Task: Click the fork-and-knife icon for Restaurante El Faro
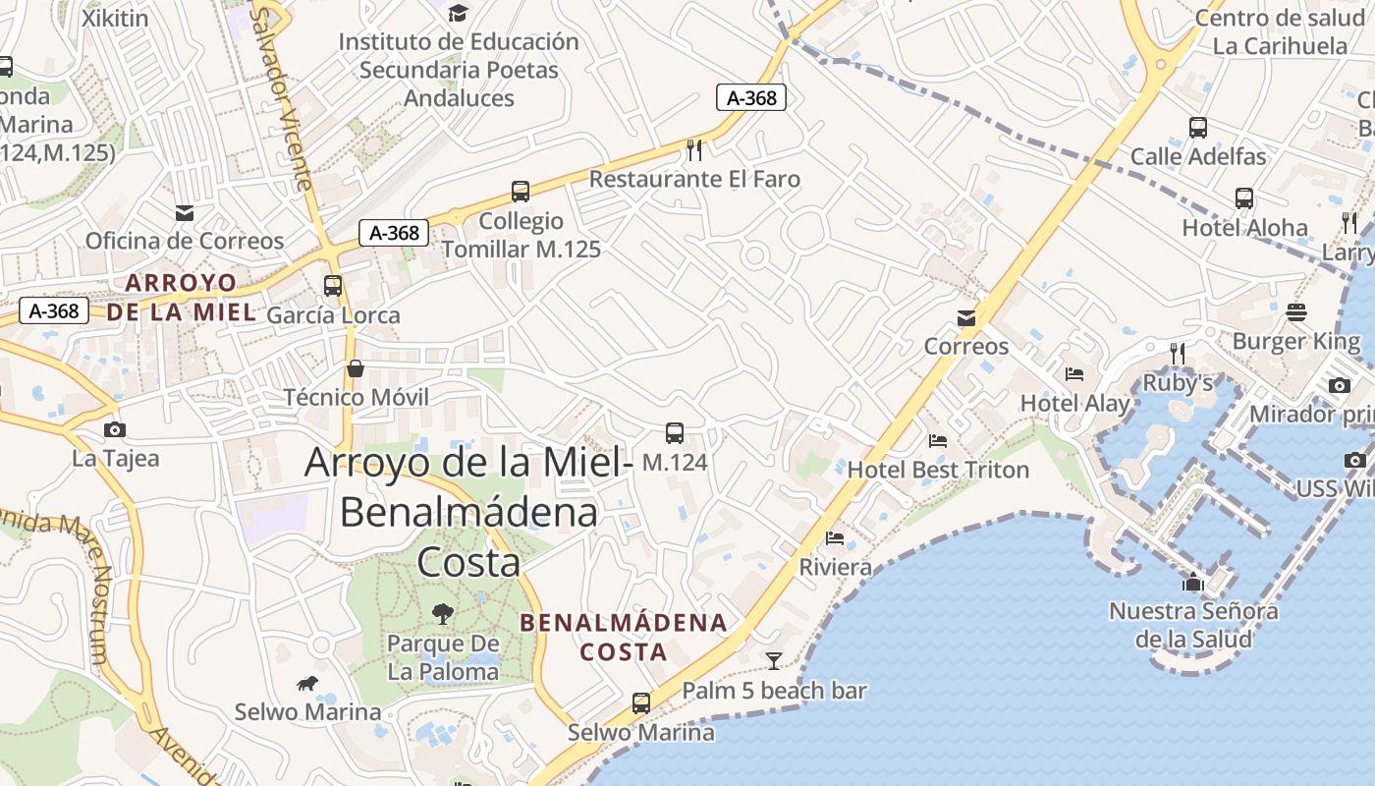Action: click(x=694, y=149)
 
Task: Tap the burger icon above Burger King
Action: click(x=1295, y=312)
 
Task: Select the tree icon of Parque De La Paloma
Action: click(x=443, y=614)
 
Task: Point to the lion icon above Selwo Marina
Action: click(x=307, y=683)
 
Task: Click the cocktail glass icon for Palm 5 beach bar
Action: click(x=774, y=660)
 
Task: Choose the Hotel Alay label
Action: click(x=1075, y=403)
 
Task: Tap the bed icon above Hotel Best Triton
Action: click(x=938, y=440)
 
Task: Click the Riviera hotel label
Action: click(x=835, y=567)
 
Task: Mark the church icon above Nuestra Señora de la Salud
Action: click(x=1193, y=582)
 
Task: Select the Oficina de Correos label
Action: click(x=185, y=241)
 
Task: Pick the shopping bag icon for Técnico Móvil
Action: click(x=356, y=368)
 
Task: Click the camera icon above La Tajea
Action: click(x=115, y=429)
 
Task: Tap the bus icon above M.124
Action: click(x=675, y=432)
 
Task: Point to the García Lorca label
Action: click(x=333, y=315)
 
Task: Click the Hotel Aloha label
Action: click(x=1244, y=228)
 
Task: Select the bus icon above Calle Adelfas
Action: click(x=1197, y=128)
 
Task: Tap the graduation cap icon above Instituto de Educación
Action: click(x=458, y=13)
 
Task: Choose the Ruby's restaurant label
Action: click(x=1178, y=382)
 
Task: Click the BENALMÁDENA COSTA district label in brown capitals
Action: click(x=624, y=637)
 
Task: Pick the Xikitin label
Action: click(x=115, y=18)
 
